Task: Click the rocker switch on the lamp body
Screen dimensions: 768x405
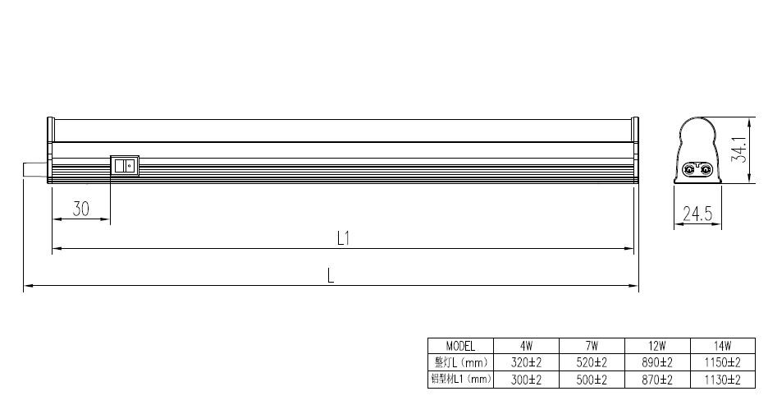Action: click(x=125, y=166)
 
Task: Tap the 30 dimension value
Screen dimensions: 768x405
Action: click(x=80, y=209)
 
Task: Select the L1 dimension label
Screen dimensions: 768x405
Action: click(x=343, y=238)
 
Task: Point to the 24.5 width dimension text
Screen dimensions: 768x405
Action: click(x=697, y=214)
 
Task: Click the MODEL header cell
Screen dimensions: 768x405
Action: click(x=460, y=346)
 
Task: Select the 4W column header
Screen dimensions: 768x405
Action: click(x=527, y=346)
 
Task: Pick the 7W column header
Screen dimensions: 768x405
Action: click(x=592, y=346)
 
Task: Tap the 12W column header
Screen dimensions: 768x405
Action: click(x=657, y=346)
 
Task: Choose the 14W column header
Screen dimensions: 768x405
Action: click(x=722, y=346)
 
